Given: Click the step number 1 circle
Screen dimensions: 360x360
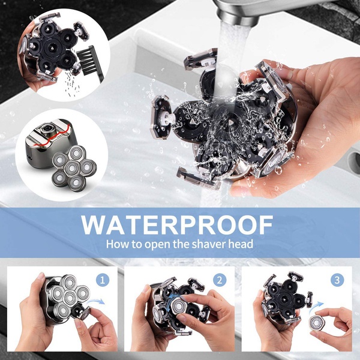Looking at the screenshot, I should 104,280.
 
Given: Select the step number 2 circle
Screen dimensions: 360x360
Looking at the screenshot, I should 221,280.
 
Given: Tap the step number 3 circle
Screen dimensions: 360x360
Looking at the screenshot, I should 337,280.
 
